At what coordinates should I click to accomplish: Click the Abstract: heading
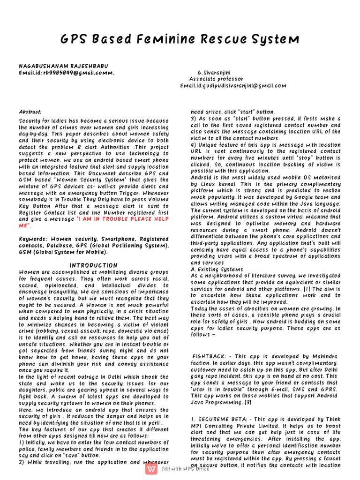(30, 112)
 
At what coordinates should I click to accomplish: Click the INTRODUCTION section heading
(94, 265)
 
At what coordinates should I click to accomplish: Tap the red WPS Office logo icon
(151, 469)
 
